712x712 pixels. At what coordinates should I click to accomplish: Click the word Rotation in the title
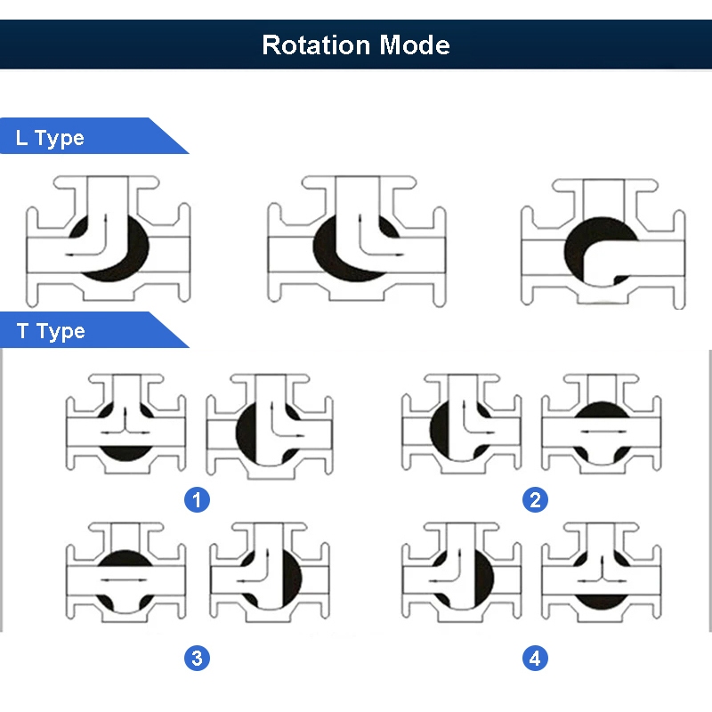point(316,45)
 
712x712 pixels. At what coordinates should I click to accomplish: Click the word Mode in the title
point(415,45)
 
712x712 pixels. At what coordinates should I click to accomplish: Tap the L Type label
point(50,138)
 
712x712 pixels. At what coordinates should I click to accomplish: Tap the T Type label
point(51,331)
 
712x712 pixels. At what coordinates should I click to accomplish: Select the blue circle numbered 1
point(197,500)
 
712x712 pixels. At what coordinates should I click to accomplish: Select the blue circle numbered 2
point(536,500)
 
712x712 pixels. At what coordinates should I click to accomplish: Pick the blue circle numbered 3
point(197,658)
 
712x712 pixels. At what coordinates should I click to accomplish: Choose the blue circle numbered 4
point(536,658)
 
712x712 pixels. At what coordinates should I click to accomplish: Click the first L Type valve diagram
point(108,240)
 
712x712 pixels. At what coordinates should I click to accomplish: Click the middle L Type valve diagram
point(357,240)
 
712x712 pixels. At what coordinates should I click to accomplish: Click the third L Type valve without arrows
point(603,243)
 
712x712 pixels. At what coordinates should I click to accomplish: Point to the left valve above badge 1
point(125,424)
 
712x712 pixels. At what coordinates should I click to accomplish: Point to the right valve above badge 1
point(270,426)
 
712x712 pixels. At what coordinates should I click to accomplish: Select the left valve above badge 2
point(462,424)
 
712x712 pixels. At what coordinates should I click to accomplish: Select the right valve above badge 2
point(602,424)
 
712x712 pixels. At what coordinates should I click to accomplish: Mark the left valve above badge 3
point(125,572)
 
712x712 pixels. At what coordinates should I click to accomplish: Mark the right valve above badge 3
point(270,572)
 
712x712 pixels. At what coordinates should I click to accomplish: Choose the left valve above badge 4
point(462,572)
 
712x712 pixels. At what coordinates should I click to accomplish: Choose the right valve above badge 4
point(602,572)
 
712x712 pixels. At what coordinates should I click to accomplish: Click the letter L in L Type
point(20,138)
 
